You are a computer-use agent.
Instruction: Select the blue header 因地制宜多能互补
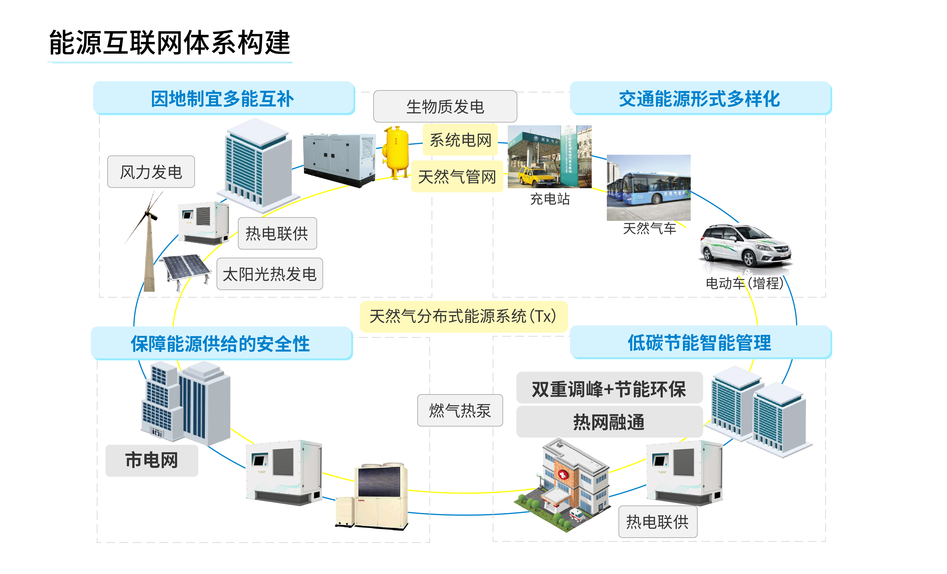223,99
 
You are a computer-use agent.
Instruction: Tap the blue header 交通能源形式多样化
699,99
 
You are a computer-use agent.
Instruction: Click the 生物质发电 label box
445,106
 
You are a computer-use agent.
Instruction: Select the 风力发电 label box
151,172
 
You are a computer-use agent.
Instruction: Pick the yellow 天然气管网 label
457,177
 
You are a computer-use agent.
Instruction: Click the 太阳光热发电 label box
269,274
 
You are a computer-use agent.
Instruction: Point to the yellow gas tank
396,152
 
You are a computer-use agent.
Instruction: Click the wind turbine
148,246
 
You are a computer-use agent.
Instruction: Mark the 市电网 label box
152,461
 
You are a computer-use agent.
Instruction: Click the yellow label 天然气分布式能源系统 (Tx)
463,316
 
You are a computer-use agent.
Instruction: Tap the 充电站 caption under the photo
550,199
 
